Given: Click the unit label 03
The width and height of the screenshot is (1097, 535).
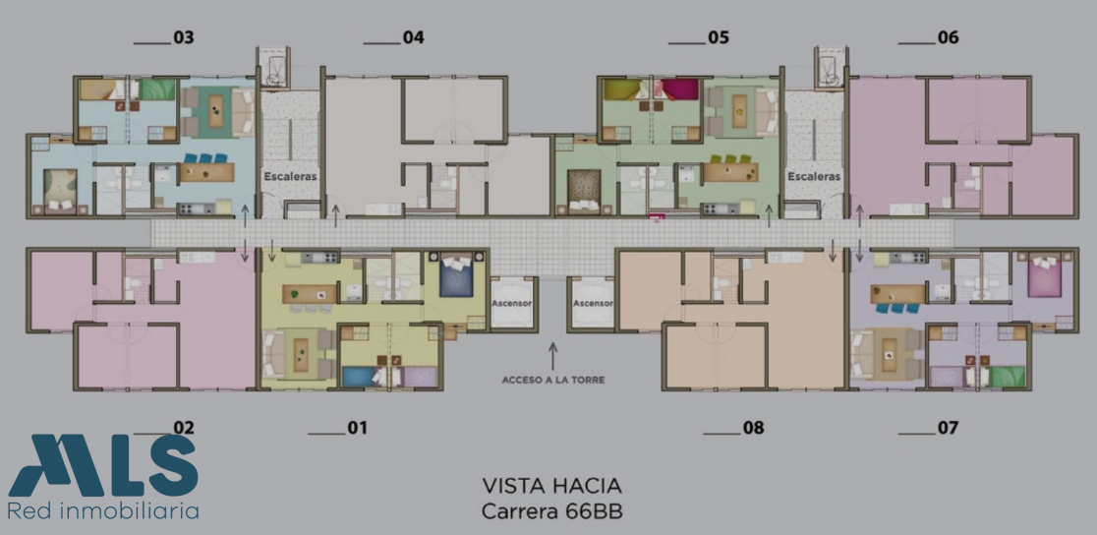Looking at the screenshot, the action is [183, 37].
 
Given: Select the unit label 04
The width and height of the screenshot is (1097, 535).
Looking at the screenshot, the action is [414, 37].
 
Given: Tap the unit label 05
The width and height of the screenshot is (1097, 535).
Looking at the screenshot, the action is [719, 37].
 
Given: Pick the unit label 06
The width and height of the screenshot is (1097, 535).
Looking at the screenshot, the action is [948, 37].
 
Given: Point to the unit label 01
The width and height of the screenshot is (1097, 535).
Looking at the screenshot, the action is [358, 427].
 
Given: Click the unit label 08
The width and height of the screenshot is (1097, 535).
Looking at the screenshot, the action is [754, 427].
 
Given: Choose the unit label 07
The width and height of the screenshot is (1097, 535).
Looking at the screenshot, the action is [948, 427].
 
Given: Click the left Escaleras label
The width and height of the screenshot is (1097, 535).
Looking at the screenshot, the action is [290, 176].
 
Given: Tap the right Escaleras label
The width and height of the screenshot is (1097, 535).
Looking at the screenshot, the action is [814, 176].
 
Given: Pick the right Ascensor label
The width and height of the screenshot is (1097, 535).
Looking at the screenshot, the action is [593, 304].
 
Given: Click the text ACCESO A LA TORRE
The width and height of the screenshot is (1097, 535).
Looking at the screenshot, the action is [552, 381].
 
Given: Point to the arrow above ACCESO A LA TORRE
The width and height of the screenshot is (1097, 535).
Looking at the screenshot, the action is [552, 356].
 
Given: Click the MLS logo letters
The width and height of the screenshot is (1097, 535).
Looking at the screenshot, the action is [103, 466].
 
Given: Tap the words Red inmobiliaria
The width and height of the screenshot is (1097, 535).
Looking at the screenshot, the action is [103, 510].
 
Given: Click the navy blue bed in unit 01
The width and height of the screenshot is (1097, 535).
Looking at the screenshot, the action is [458, 276].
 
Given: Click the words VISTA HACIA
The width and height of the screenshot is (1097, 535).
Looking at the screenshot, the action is [552, 485].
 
